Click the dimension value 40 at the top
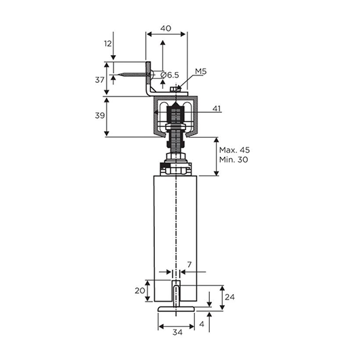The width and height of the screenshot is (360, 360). point(166,29)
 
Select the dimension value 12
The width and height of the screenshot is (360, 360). point(108,43)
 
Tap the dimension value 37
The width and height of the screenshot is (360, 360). point(100,80)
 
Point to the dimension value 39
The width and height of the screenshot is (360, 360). point(100,115)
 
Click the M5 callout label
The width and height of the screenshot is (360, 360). point(201,71)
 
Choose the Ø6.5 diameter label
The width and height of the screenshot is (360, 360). point(170,75)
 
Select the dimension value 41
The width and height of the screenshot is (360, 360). point(216,108)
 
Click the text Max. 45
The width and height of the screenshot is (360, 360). point(234,150)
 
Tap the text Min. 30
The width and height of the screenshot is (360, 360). point(234,160)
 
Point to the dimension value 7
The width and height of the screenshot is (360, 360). point(190,265)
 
